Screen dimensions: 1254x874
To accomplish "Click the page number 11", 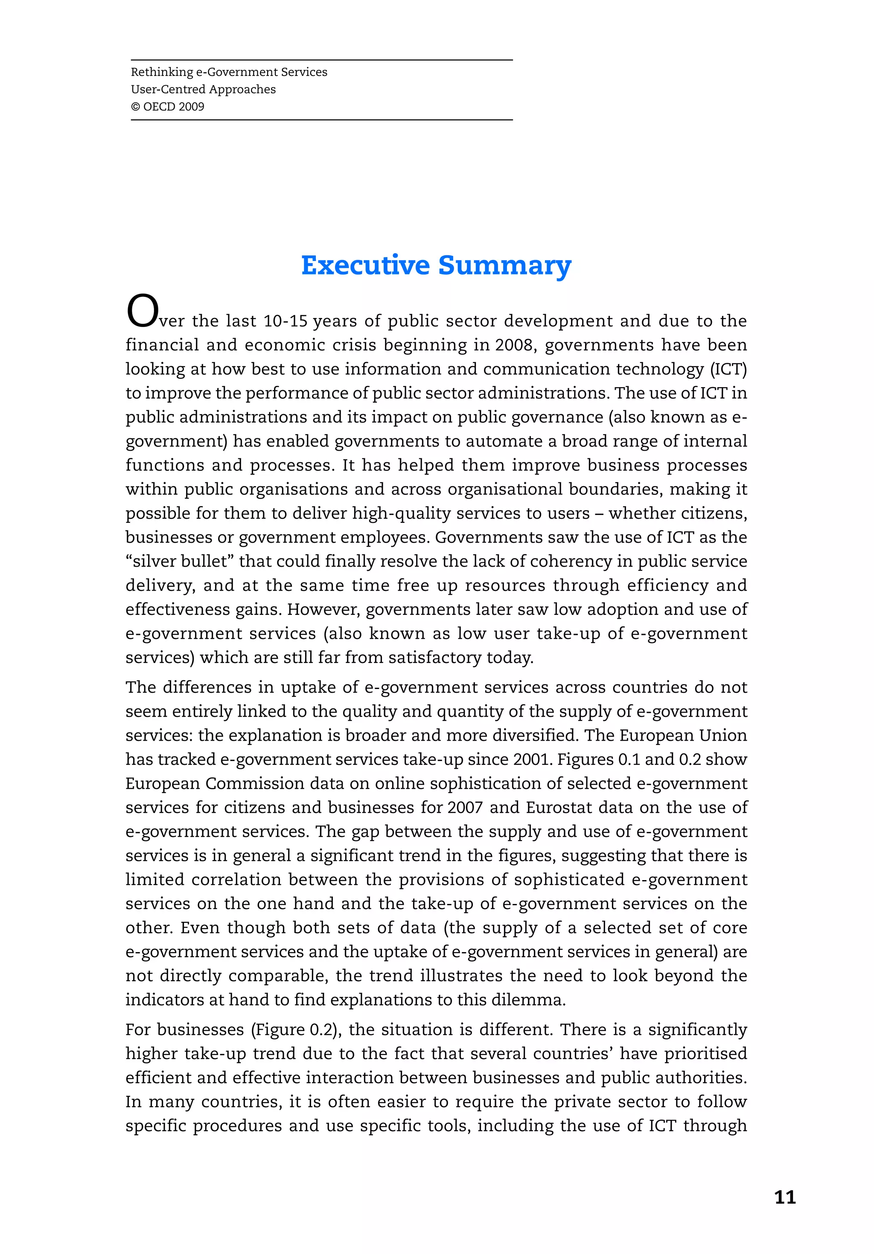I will (x=784, y=1198).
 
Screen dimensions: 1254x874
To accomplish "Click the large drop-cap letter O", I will (x=142, y=312).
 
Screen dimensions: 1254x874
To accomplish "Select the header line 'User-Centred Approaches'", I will (x=203, y=89).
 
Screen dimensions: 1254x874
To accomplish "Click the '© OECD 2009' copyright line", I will (x=167, y=107).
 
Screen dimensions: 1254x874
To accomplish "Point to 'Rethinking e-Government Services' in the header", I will (x=229, y=72).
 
